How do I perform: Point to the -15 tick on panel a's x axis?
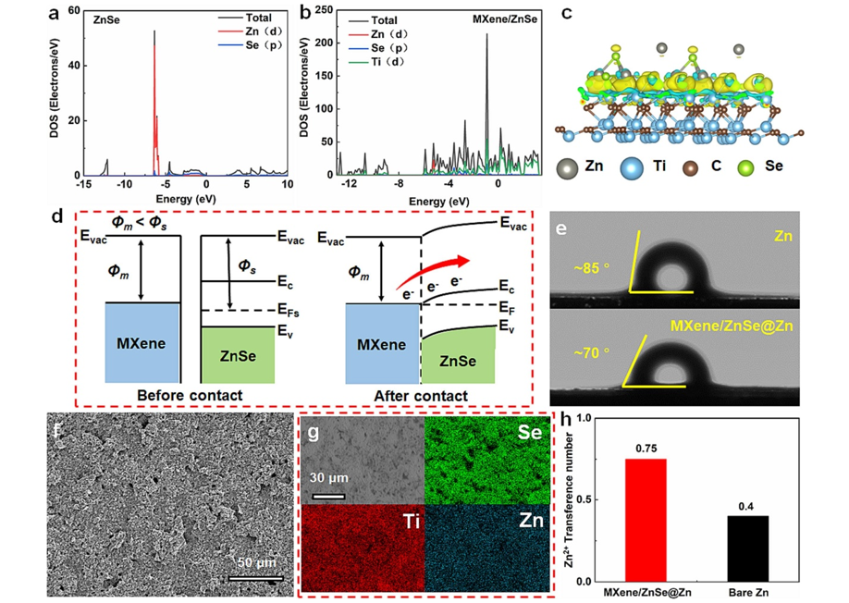coord(82,184)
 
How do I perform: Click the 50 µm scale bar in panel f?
coord(254,579)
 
